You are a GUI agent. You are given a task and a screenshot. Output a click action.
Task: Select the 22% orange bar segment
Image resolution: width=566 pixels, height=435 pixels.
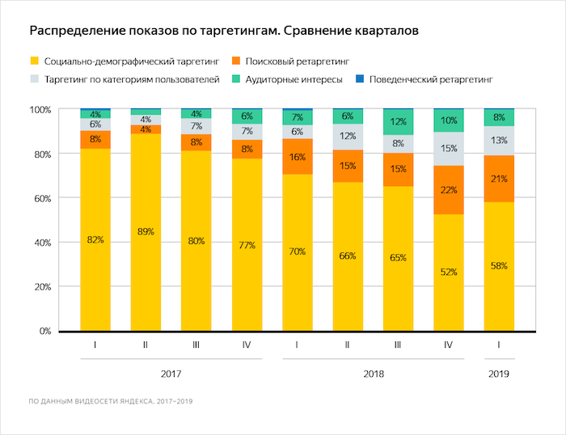click(449, 190)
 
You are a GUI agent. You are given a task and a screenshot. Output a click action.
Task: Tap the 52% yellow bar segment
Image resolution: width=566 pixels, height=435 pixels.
click(449, 272)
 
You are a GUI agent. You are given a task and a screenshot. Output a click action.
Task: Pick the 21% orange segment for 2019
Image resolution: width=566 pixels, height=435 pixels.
click(499, 179)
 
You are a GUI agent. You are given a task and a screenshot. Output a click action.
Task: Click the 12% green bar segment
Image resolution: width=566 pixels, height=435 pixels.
click(398, 122)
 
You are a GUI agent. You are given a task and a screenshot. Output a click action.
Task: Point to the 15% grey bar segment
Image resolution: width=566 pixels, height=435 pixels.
click(449, 149)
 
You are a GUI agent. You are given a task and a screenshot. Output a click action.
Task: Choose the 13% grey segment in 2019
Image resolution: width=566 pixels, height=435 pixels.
click(499, 141)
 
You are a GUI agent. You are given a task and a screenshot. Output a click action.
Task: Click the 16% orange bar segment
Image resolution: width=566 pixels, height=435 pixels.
click(298, 157)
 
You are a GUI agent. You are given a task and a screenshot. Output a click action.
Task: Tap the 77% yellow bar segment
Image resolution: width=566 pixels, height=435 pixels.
click(247, 244)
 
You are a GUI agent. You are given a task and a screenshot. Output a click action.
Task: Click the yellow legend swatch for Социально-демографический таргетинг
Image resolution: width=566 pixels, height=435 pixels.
click(34, 61)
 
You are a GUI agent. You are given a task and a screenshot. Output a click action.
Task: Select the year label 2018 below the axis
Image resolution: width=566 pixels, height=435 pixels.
click(374, 374)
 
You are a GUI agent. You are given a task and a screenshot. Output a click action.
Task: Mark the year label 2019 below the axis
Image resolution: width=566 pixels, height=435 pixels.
click(499, 374)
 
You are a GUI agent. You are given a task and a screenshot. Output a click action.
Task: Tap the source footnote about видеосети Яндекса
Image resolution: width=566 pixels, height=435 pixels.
click(110, 401)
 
